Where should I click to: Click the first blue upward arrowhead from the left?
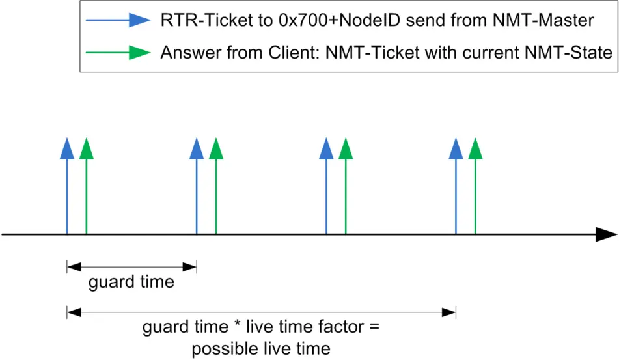pyautogui.click(x=67, y=148)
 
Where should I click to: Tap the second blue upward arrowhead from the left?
pyautogui.click(x=197, y=148)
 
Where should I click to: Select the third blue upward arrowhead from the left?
pyautogui.click(x=326, y=148)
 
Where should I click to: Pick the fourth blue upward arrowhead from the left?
pyautogui.click(x=456, y=148)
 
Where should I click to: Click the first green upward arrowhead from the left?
pyautogui.click(x=87, y=148)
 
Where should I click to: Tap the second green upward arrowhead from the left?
pyautogui.click(x=216, y=148)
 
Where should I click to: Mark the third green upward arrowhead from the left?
pyautogui.click(x=346, y=148)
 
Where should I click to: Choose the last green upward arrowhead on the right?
pyautogui.click(x=475, y=148)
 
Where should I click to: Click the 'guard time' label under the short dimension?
pyautogui.click(x=131, y=283)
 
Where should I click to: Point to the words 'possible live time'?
pyautogui.click(x=260, y=346)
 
